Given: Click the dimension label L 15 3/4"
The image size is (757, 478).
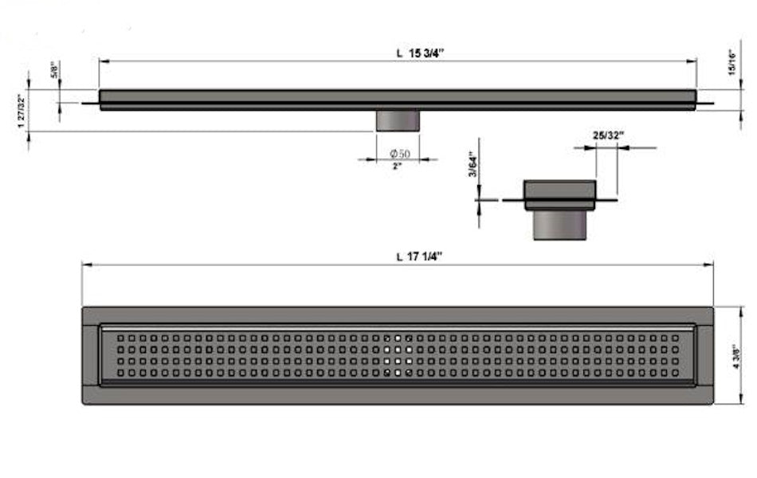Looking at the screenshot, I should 419,53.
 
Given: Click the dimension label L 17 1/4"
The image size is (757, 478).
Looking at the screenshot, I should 419,257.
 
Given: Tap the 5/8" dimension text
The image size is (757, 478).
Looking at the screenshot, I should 54,71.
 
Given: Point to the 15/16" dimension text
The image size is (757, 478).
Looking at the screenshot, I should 731,63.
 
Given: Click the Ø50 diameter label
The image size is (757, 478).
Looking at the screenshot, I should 399,153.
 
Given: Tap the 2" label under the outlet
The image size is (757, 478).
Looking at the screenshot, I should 397,167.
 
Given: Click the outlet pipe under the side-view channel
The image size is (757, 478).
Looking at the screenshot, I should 398,121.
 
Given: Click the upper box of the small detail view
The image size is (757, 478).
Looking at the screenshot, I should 559,194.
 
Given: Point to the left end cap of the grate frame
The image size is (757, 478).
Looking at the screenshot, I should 91,355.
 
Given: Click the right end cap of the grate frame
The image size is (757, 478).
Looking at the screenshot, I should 704,355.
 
